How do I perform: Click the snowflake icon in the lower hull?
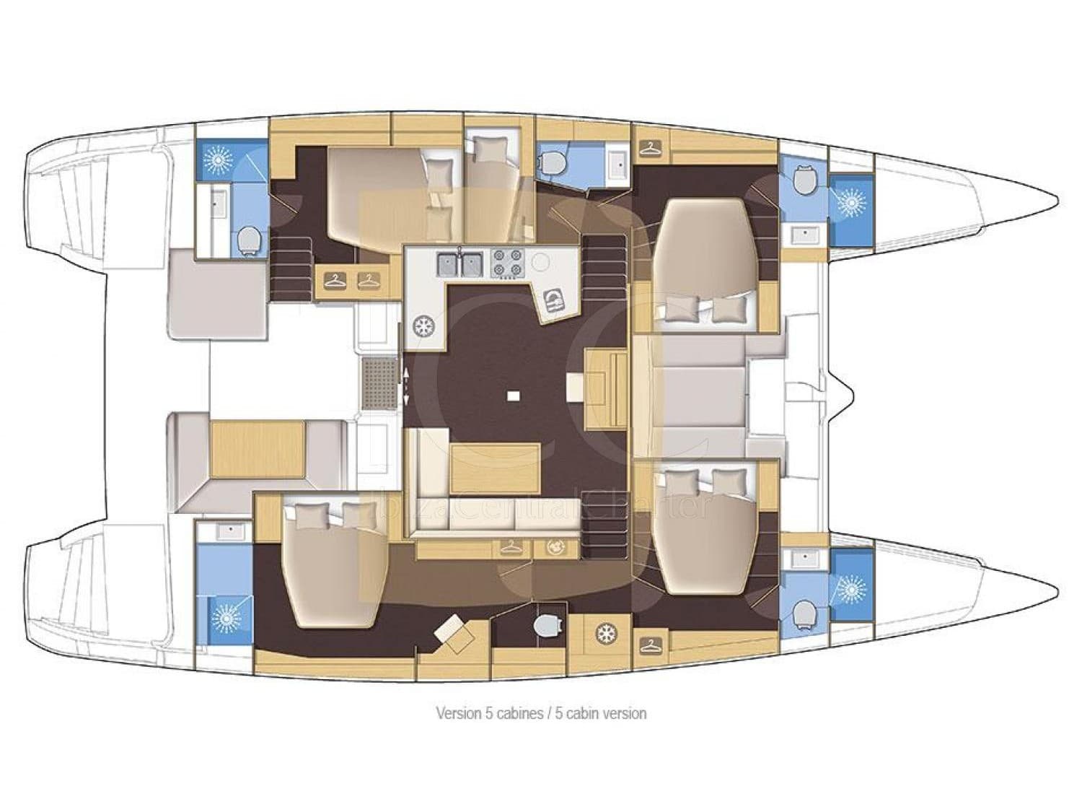(604, 634)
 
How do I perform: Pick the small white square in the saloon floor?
(513, 395)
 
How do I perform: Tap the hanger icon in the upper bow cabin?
(651, 147)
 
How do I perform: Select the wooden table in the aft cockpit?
(257, 450)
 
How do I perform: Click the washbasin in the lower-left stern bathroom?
(229, 531)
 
